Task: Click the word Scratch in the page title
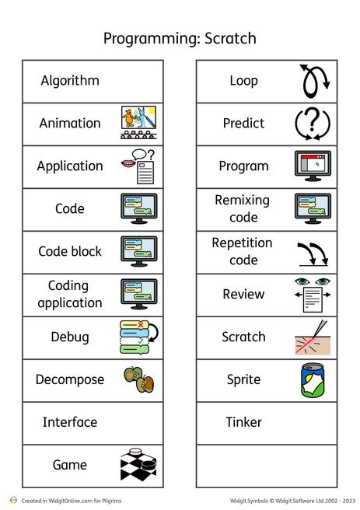tap(230, 38)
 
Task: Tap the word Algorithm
tap(70, 81)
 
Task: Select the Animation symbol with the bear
tap(138, 123)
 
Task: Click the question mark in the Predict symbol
tap(313, 119)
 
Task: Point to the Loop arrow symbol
tap(314, 82)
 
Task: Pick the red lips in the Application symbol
tap(128, 163)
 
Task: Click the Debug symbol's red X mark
tap(141, 325)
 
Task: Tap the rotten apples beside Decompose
tap(139, 379)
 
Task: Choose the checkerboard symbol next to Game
tap(138, 465)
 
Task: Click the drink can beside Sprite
tap(313, 380)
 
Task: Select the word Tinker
tap(243, 422)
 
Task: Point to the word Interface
tap(70, 422)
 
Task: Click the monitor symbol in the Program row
tap(313, 166)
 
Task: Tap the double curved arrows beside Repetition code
tap(313, 254)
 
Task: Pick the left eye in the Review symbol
tap(302, 281)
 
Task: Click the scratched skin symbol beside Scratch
tap(313, 337)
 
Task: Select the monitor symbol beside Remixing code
tap(313, 208)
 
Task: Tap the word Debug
tap(70, 337)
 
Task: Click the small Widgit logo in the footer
tap(13, 500)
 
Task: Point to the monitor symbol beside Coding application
tap(139, 294)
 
